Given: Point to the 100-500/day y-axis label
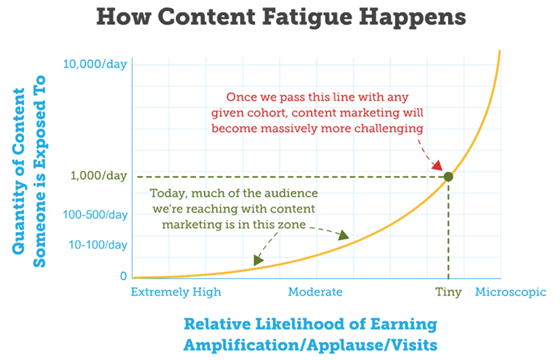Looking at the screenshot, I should click(x=96, y=215).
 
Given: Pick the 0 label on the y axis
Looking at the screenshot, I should click(x=123, y=276).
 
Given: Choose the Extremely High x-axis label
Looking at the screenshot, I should click(x=176, y=292).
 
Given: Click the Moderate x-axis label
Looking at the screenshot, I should click(x=315, y=292).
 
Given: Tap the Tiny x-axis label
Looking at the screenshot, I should click(x=448, y=292).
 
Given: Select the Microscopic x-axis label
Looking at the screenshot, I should click(x=510, y=292).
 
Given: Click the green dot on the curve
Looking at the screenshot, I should click(x=448, y=176).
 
